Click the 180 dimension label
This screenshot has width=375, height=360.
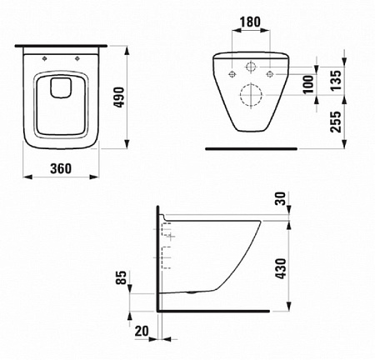pyautogui.click(x=250, y=22)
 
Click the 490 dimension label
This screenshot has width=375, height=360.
pyautogui.click(x=120, y=97)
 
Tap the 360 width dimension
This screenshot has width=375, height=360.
pyautogui.click(x=61, y=168)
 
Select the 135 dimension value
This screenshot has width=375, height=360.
pyautogui.click(x=335, y=80)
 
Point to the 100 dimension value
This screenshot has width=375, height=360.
pyautogui.click(x=307, y=84)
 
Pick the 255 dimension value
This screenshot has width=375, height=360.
pyautogui.click(x=335, y=122)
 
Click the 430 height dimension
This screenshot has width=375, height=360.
pyautogui.click(x=281, y=268)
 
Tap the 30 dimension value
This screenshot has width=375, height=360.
pyautogui.click(x=281, y=198)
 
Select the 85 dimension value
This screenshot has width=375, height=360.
pyautogui.click(x=122, y=277)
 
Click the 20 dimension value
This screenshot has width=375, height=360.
pyautogui.click(x=142, y=331)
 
